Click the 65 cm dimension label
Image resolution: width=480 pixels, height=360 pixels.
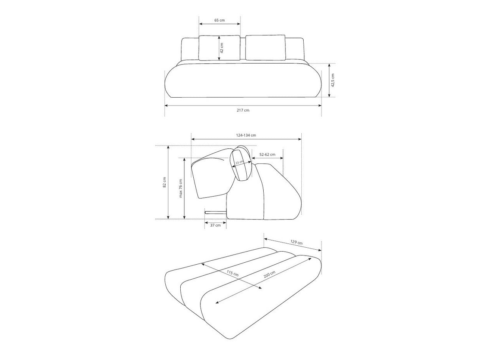click(x=219, y=20)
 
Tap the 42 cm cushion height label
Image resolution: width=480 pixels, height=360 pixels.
click(x=222, y=48)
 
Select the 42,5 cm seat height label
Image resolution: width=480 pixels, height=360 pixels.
click(x=333, y=80)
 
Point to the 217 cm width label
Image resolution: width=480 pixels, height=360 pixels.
click(x=243, y=110)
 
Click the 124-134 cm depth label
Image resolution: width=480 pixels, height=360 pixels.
click(x=246, y=135)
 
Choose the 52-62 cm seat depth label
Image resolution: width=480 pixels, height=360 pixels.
click(x=267, y=154)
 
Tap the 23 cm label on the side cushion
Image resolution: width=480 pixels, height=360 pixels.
click(x=240, y=162)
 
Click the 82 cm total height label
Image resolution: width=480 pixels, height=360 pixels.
click(x=164, y=182)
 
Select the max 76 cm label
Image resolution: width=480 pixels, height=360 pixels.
click(x=181, y=188)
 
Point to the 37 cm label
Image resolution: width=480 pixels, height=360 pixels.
click(x=215, y=225)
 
